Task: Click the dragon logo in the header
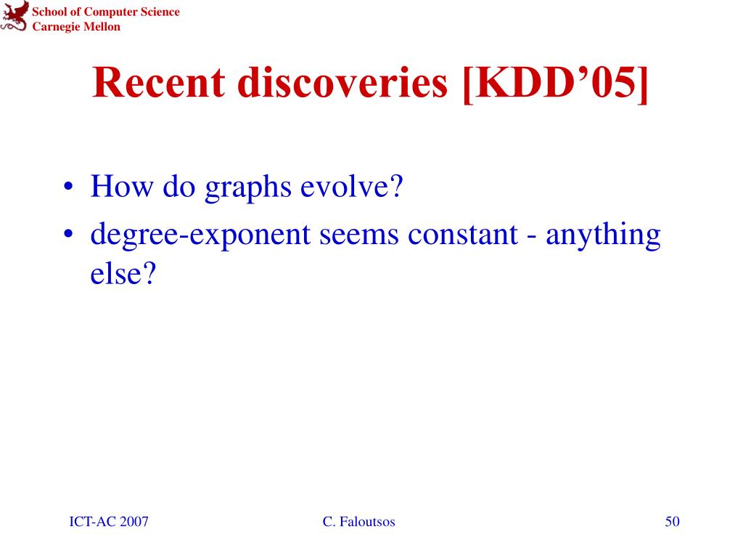14,16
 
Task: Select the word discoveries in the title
342,83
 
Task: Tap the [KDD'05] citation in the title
555,84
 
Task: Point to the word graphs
248,187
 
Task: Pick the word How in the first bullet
122,186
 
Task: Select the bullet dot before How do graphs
69,186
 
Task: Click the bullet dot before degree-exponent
69,234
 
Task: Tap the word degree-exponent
200,236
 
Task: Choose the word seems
359,235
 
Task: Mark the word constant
463,234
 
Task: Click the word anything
603,236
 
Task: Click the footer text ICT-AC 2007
109,522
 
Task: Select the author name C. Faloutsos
358,522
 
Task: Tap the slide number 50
672,522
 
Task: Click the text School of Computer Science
106,12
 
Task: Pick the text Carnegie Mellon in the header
76,27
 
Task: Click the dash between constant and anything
532,237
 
